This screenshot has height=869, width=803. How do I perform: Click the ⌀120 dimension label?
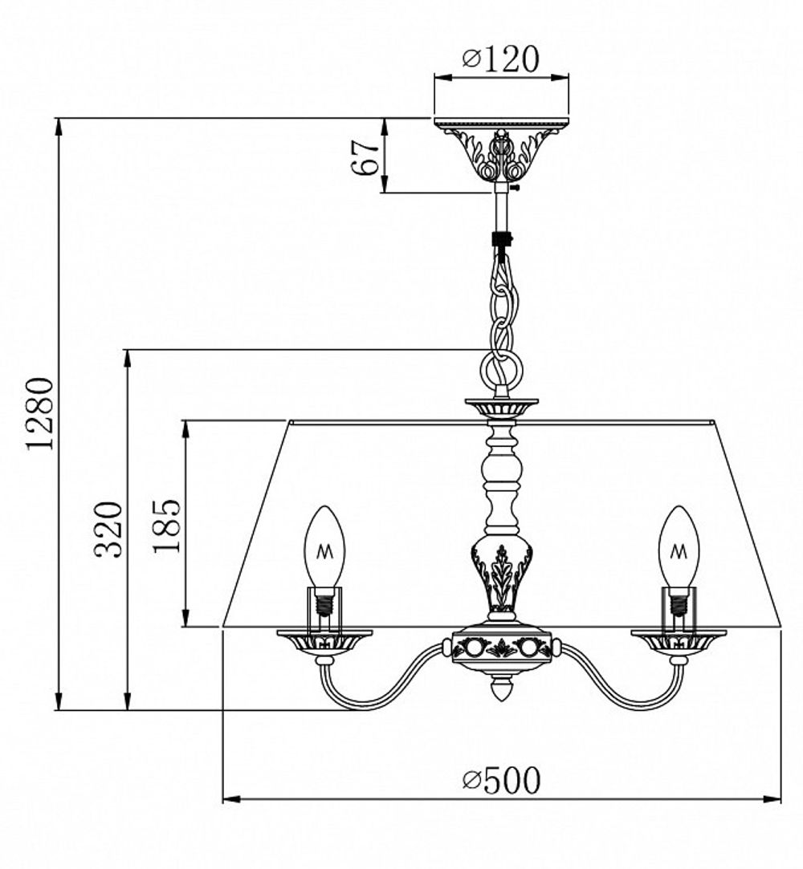point(501,59)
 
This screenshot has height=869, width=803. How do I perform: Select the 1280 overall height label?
point(40,413)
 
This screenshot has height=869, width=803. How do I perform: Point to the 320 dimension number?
point(109,530)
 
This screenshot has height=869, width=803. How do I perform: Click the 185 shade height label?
point(167,526)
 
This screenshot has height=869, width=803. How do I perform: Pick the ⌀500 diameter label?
point(502,780)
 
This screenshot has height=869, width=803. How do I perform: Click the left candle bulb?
point(324,548)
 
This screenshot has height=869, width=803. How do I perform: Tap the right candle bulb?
point(679,548)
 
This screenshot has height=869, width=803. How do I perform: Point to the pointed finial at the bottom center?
point(501,689)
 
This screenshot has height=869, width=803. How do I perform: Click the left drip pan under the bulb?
point(324,641)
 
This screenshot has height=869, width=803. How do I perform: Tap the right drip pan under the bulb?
point(679,641)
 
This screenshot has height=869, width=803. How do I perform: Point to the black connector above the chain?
point(501,240)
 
